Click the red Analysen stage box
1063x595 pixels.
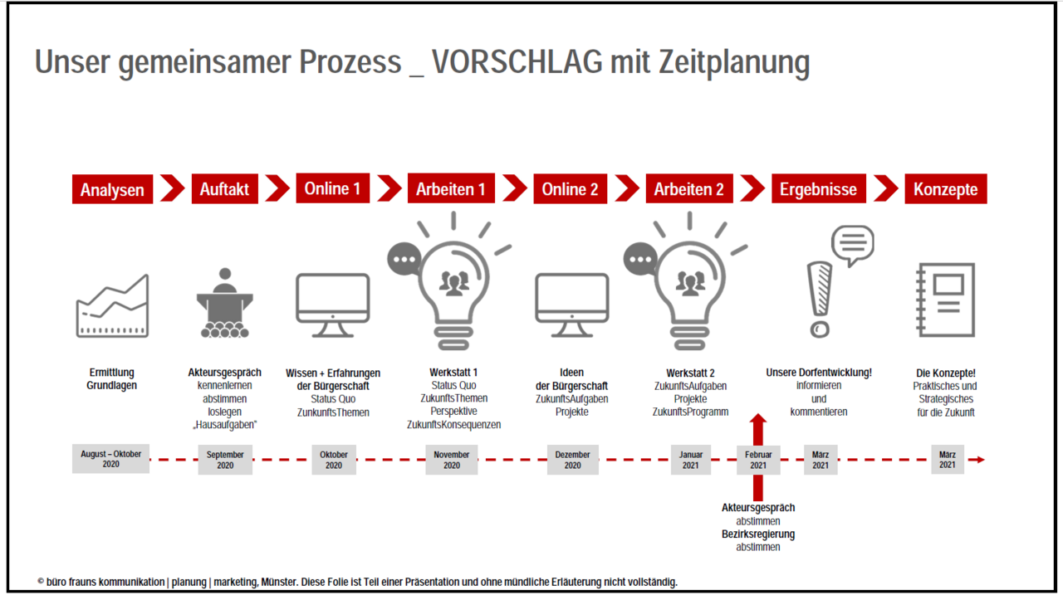click(112, 189)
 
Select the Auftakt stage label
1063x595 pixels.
click(224, 189)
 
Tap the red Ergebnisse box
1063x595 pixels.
click(818, 189)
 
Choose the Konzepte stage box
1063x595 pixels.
click(945, 189)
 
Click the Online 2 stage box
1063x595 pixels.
click(570, 189)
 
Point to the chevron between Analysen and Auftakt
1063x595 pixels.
click(172, 188)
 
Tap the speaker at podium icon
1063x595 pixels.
click(224, 303)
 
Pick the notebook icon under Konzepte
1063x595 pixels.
click(945, 300)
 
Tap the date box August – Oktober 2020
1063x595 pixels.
click(110, 459)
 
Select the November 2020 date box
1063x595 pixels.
click(452, 460)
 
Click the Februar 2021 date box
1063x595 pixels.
click(758, 460)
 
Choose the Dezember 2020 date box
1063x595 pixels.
click(572, 460)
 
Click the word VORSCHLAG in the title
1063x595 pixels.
click(516, 62)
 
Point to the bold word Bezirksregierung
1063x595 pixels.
click(758, 534)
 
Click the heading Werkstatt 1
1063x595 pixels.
click(453, 373)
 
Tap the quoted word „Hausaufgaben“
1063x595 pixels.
click(225, 425)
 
